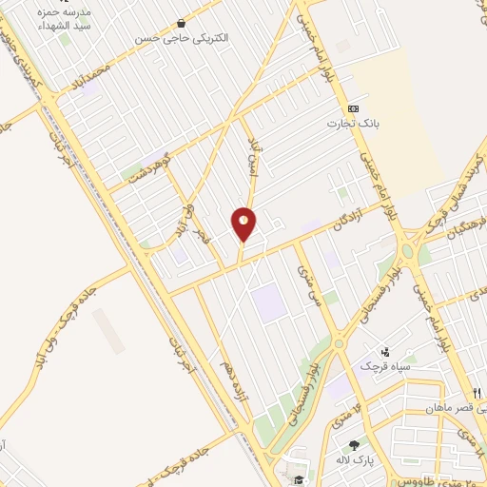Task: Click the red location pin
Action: point(243,224)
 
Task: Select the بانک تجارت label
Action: point(347,124)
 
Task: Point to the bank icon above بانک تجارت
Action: point(353,108)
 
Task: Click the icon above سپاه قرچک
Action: point(385,350)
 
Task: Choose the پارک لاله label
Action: point(354,461)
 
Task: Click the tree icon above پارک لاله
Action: point(355,445)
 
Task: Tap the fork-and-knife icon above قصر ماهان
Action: point(476,393)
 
